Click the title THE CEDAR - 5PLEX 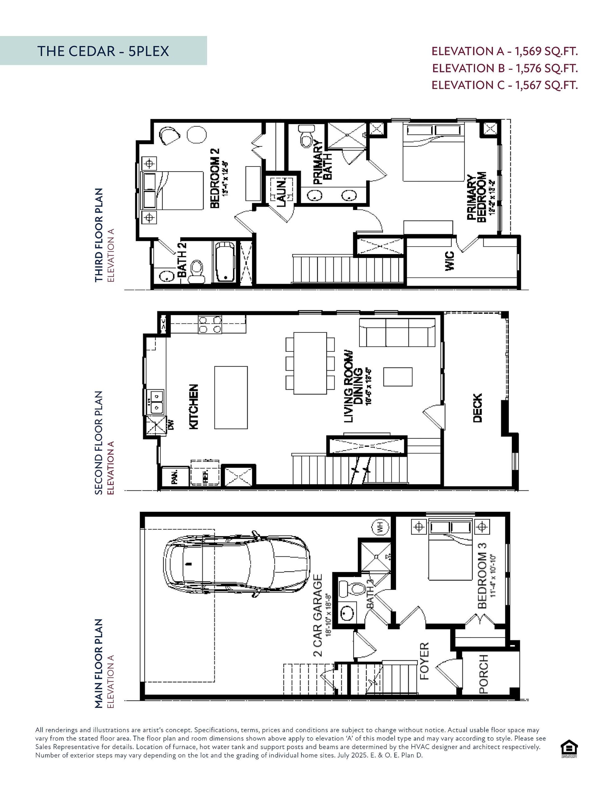pyautogui.click(x=103, y=51)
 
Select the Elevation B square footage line pyautogui.click(x=505, y=68)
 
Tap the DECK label pyautogui.click(x=477, y=408)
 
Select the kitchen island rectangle pyautogui.click(x=231, y=398)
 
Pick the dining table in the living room pyautogui.click(x=310, y=363)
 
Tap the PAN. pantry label pyautogui.click(x=175, y=477)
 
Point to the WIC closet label pyautogui.click(x=449, y=261)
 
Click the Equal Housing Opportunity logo pyautogui.click(x=569, y=749)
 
